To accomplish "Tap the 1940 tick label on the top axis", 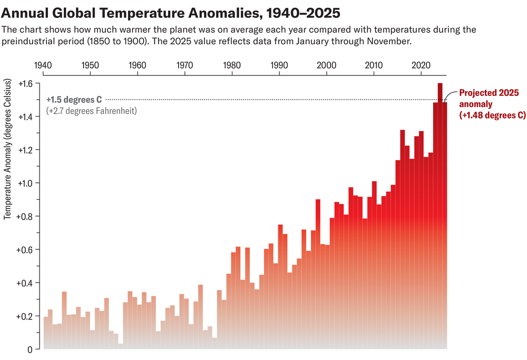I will click(43, 65).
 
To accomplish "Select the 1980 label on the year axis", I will click(232, 65).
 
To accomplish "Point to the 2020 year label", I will click(422, 65).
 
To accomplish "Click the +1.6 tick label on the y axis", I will click(25, 83).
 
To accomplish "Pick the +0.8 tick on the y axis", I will click(25, 216).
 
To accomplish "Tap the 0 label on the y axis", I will click(30, 349).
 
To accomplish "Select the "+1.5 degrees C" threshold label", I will click(74, 99).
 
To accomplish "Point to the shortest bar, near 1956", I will click(121, 346).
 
